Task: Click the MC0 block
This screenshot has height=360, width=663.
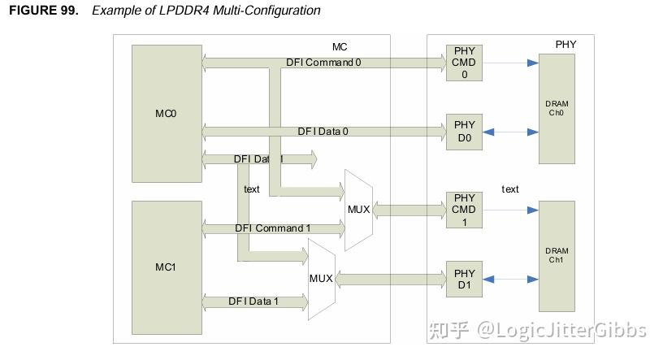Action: [x=167, y=114]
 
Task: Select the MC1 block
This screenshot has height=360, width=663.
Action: [x=167, y=267]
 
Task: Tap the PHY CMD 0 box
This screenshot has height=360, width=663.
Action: [x=464, y=63]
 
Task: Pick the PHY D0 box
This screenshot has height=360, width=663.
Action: [x=464, y=132]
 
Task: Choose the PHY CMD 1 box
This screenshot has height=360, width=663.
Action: [x=464, y=210]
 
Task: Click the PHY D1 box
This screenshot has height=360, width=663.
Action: [x=464, y=279]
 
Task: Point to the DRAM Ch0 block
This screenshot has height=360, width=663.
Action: [x=557, y=109]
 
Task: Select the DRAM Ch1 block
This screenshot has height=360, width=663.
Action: [x=557, y=256]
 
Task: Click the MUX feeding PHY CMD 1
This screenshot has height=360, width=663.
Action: [x=358, y=210]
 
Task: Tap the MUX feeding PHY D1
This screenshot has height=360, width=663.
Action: [x=322, y=280]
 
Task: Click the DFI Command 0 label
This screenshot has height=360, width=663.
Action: [x=323, y=63]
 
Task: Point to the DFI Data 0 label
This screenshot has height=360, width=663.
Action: [x=323, y=132]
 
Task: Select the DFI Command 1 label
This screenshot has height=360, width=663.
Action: [x=273, y=228]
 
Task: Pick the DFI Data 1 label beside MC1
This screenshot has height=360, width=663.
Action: [x=253, y=301]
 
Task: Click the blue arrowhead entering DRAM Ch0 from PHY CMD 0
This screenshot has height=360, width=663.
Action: [x=533, y=63]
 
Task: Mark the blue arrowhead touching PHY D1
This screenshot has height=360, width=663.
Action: [x=488, y=280]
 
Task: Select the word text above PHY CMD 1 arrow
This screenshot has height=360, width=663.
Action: [x=510, y=189]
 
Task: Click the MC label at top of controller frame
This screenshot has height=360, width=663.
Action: [x=340, y=47]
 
